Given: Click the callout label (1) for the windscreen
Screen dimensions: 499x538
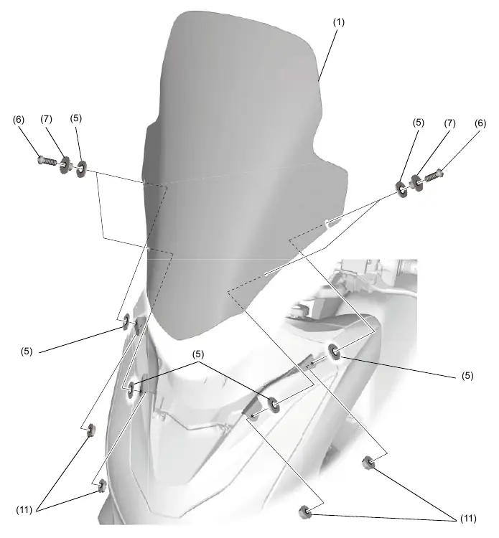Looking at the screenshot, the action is coord(339,22).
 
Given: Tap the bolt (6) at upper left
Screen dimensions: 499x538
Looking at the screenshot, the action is coord(47,160).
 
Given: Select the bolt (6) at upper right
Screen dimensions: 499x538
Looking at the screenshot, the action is coord(434,176).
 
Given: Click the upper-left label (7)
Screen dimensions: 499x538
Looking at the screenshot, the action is coord(46,119).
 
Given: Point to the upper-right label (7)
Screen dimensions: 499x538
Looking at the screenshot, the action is coord(449,123).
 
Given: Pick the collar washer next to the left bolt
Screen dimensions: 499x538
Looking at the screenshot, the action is coord(65,164).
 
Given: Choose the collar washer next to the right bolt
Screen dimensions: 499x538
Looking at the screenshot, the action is coord(417,183).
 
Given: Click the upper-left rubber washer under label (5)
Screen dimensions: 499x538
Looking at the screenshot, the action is coord(81,169).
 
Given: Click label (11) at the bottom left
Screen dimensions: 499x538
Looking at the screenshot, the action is coord(24,510).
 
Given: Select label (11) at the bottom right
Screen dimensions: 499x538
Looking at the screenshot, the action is coord(468,519).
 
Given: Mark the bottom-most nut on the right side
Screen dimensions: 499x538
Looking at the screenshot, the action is coord(304,512).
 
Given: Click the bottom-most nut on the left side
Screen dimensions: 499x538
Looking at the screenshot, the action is coord(102,486).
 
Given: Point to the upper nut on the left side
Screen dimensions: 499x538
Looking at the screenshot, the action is coord(91,429).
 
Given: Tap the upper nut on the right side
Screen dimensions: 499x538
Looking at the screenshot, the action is coord(368,463).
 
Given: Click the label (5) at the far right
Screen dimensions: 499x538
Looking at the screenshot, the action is coord(467,376).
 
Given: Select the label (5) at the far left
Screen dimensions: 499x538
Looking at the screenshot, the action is coord(27,351).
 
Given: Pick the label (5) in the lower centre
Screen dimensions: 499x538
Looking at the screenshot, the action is coord(198,354).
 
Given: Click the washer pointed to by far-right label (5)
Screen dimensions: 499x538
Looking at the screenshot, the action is coord(334,351).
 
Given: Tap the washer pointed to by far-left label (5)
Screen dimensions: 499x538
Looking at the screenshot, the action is coord(126,321).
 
